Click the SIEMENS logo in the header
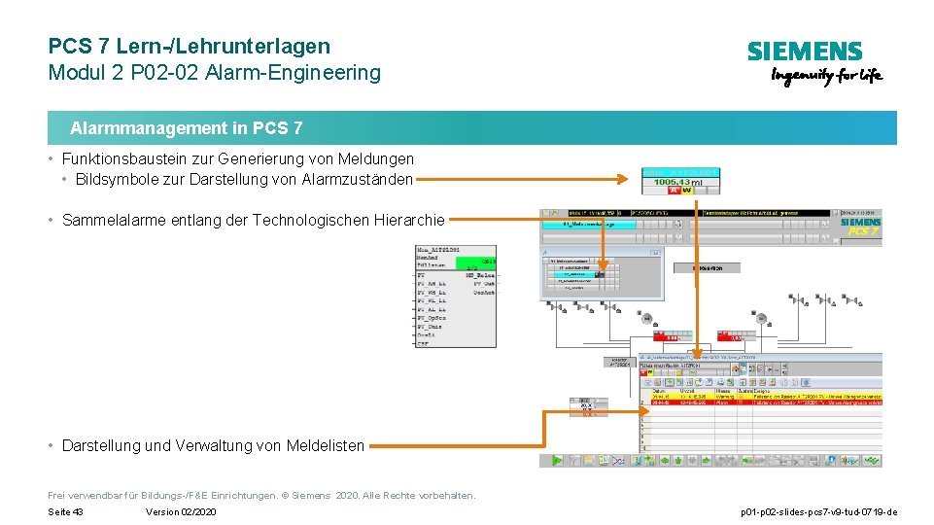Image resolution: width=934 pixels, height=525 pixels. click(804, 52)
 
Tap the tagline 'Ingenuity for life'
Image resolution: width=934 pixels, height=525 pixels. click(826, 76)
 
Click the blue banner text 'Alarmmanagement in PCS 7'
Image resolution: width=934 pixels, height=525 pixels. click(186, 128)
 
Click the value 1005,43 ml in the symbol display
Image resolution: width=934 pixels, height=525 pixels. click(680, 182)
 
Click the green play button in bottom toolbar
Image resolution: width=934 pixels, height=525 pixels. click(557, 460)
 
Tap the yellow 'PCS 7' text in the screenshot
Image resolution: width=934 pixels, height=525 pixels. click(864, 231)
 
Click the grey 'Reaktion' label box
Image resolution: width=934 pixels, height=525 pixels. click(709, 267)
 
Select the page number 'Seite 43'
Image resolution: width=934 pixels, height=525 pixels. click(65, 512)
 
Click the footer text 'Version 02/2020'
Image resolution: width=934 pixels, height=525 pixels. click(181, 512)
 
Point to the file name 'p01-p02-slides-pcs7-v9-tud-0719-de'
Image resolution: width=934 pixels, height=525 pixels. click(818, 512)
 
